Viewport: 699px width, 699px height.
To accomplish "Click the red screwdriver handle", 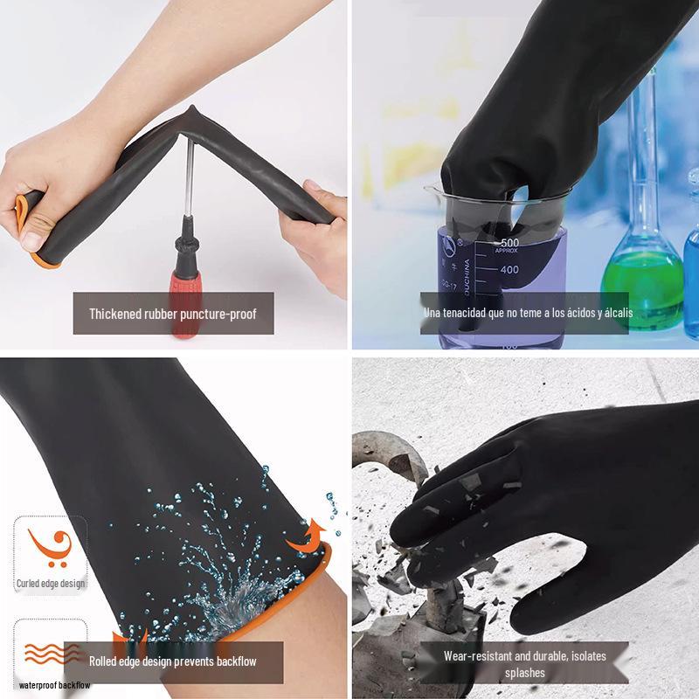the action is [x=186, y=303].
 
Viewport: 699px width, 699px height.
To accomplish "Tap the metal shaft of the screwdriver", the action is [x=190, y=178].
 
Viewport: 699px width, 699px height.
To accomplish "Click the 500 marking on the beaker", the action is [x=509, y=243].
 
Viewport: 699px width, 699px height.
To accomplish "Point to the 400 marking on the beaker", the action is [x=509, y=269].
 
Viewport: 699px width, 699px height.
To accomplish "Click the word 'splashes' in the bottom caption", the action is [x=525, y=673].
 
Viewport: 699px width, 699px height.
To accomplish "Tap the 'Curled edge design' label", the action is [x=51, y=584].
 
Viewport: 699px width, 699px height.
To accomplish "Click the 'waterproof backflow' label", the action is [x=54, y=685].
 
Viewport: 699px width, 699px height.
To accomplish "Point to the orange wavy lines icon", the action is [x=52, y=653].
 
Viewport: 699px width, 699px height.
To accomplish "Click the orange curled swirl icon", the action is [x=51, y=547].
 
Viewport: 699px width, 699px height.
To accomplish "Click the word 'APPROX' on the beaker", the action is [x=506, y=251].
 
